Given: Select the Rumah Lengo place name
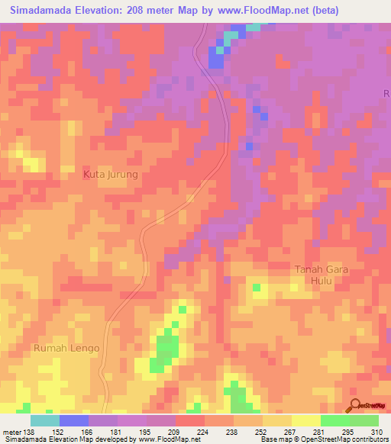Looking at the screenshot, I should point(66,348).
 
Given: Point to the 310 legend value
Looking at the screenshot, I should point(376,432).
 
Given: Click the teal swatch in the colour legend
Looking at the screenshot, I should point(44,420).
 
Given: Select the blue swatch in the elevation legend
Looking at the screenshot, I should point(73,420).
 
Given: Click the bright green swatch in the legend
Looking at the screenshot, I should point(334,420).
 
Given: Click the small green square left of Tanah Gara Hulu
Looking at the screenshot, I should point(257,287).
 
